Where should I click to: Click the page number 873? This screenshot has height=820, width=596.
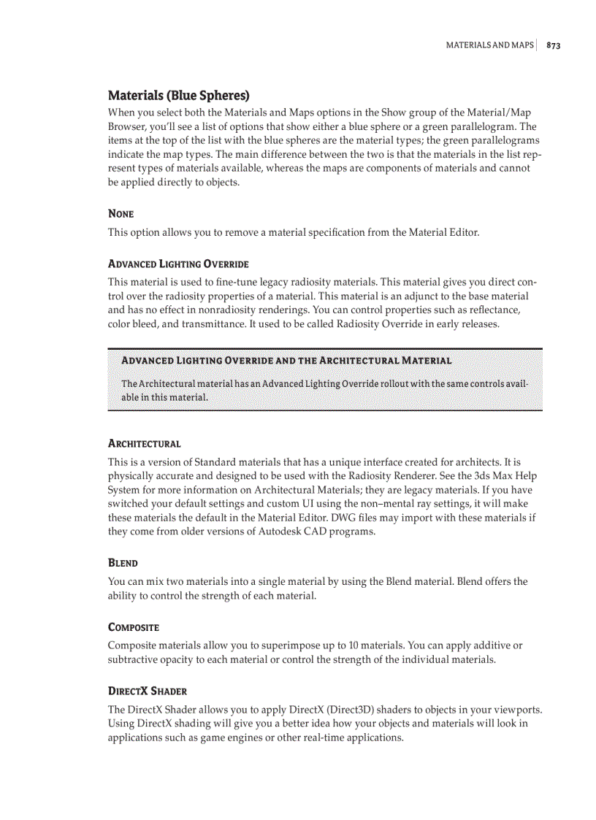(553, 45)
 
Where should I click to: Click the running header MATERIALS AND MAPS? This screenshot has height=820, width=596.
(489, 45)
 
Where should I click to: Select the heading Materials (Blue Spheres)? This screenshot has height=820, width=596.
(178, 96)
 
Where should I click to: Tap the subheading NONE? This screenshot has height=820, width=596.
(121, 214)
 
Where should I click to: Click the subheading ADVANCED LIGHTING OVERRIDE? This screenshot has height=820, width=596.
(178, 264)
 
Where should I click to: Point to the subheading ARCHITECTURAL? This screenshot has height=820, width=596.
(144, 443)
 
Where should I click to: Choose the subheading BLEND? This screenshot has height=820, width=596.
(123, 563)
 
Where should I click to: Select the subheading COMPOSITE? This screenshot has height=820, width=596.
(133, 627)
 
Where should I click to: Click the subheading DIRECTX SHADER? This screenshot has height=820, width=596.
(147, 691)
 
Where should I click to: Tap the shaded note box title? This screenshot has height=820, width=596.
(286, 361)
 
